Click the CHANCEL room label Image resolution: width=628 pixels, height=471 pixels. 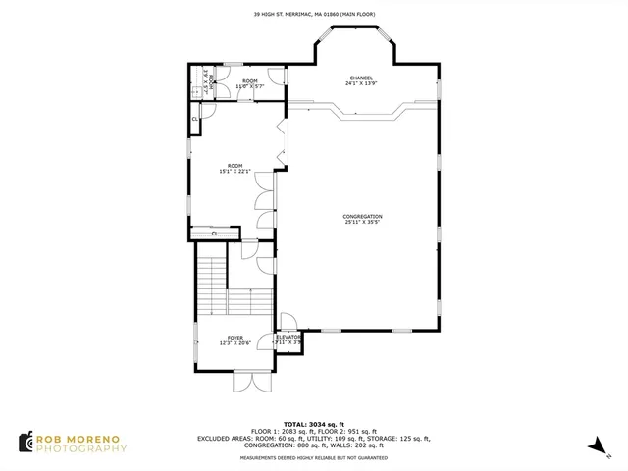point(361,78)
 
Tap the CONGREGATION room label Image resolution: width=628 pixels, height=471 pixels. point(362,216)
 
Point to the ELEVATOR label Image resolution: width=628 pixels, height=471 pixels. point(288,337)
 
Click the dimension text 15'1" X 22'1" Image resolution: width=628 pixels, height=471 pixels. point(235,172)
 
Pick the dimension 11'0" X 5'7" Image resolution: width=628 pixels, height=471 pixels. point(249,86)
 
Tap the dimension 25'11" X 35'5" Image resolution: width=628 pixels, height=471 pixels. point(362,223)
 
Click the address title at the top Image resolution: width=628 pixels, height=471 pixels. point(313,14)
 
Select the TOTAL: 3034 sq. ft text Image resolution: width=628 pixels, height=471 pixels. point(313,423)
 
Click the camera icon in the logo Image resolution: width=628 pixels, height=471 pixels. point(25,443)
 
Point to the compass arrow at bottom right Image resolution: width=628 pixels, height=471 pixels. point(595,446)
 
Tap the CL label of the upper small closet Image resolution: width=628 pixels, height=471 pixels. point(195,119)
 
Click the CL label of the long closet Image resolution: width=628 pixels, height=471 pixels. point(214,234)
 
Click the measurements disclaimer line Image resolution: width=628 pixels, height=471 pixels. point(313,457)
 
